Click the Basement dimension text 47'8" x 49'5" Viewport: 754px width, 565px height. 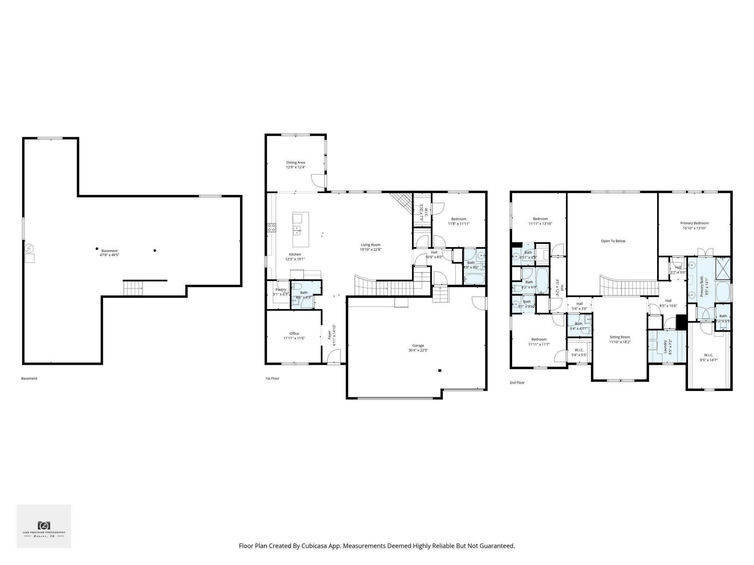(x=109, y=255)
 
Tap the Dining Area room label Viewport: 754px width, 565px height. (x=296, y=162)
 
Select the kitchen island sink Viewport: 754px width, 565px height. (x=297, y=231)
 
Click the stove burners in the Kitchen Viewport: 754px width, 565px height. (x=272, y=228)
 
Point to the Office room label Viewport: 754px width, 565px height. (x=294, y=333)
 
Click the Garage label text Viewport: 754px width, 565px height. (x=418, y=345)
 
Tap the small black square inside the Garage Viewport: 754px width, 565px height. (x=439, y=370)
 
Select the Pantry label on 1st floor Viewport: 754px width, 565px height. (x=281, y=289)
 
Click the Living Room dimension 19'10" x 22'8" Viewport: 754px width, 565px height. (x=370, y=249)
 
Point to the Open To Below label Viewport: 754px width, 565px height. (x=613, y=241)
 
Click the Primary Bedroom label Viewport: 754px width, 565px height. (x=694, y=223)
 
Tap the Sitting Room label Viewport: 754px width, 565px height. (x=620, y=337)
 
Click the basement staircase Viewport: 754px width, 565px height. (x=133, y=288)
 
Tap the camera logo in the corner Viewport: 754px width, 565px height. (x=44, y=525)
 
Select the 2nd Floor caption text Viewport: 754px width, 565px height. (x=517, y=383)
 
